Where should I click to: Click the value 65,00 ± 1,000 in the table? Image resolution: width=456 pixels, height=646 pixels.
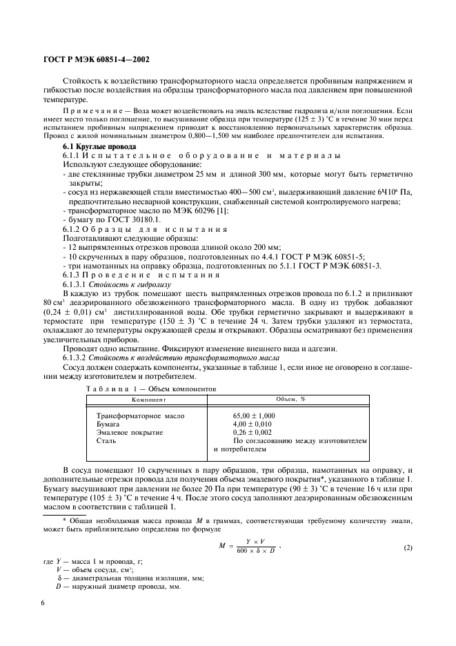[x=254, y=415]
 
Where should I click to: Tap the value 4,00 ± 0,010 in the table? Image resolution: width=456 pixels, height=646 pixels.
[x=252, y=424]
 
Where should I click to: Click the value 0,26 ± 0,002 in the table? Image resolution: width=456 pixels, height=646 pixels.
[x=252, y=432]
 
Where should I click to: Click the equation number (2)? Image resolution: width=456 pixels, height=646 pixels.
[x=408, y=549]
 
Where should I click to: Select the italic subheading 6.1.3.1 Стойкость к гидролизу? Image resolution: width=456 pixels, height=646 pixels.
[x=113, y=284]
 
